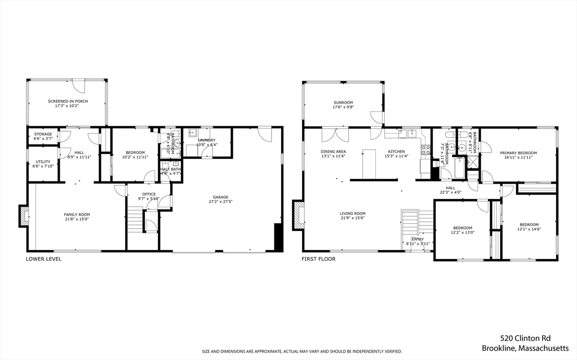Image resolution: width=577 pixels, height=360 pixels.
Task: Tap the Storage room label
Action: tap(43, 134)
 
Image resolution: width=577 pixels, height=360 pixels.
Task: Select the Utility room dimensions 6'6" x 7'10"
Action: tap(43, 166)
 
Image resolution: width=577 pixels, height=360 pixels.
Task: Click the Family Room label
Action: tap(77, 214)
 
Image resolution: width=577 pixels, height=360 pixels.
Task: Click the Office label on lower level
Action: tap(149, 194)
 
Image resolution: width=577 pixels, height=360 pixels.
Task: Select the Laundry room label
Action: tap(206, 140)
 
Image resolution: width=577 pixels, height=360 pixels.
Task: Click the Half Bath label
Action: tap(170, 169)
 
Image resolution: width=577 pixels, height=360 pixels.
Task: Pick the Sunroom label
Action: tap(343, 103)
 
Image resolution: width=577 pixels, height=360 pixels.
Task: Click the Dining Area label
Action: tap(333, 152)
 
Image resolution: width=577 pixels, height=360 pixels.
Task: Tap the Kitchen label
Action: tap(396, 152)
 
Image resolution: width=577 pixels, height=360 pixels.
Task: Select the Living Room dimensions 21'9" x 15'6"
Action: tap(352, 218)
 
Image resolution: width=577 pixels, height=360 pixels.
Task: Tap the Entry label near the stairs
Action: tap(418, 239)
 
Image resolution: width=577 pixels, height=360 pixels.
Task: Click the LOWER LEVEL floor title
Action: tap(43, 259)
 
